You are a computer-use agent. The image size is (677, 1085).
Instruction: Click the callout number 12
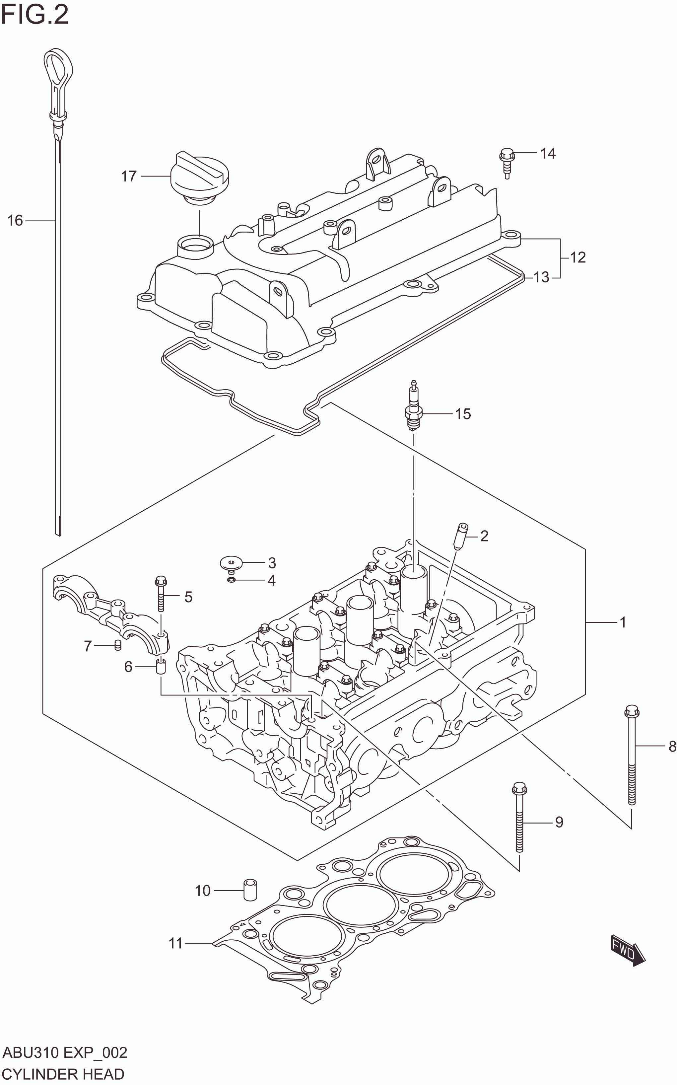577,257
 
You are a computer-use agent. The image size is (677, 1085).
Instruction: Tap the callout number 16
15,220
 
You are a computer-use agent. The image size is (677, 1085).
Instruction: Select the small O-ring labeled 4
232,580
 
